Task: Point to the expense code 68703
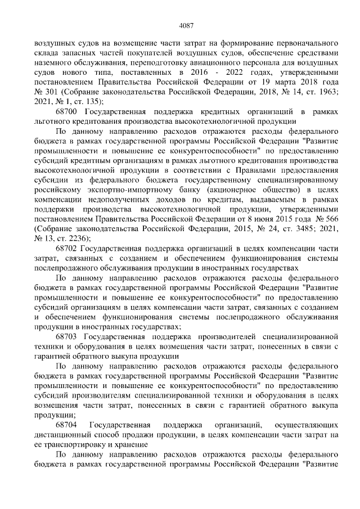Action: coord(67,336)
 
